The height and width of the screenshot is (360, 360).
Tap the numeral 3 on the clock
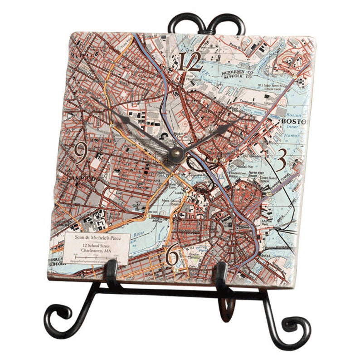pyautogui.click(x=281, y=158)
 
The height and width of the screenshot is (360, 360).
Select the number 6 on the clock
pyautogui.click(x=172, y=256)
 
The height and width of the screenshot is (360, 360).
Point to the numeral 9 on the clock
pyautogui.click(x=80, y=153)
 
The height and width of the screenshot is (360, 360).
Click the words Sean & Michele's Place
pyautogui.click(x=97, y=238)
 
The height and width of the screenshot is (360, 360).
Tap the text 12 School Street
pyautogui.click(x=97, y=245)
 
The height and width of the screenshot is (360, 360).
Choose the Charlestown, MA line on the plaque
pyautogui.click(x=97, y=250)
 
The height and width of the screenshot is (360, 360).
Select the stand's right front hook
pyautogui.click(x=221, y=275)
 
